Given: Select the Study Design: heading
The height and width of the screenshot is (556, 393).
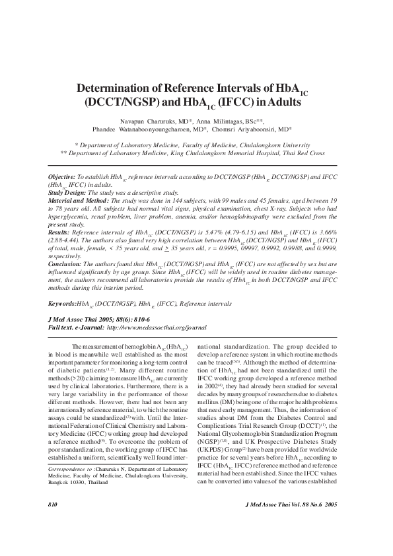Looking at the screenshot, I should point(67,193).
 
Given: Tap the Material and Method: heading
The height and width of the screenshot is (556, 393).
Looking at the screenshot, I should point(79,200).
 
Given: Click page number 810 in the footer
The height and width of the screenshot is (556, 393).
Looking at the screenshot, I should point(54,522).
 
